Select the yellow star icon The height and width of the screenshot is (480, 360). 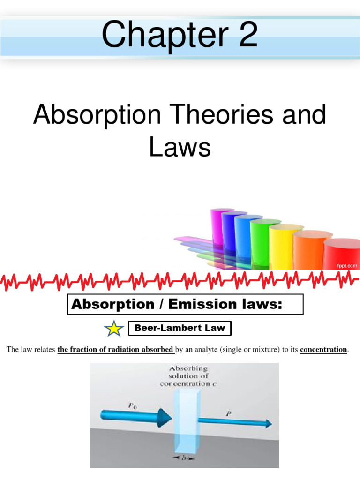click(x=114, y=329)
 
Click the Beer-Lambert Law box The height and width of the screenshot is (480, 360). click(x=180, y=328)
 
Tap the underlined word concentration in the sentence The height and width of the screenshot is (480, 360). click(x=323, y=350)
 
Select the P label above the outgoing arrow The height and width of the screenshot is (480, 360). click(x=228, y=413)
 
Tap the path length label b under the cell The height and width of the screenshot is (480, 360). click(x=184, y=457)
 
